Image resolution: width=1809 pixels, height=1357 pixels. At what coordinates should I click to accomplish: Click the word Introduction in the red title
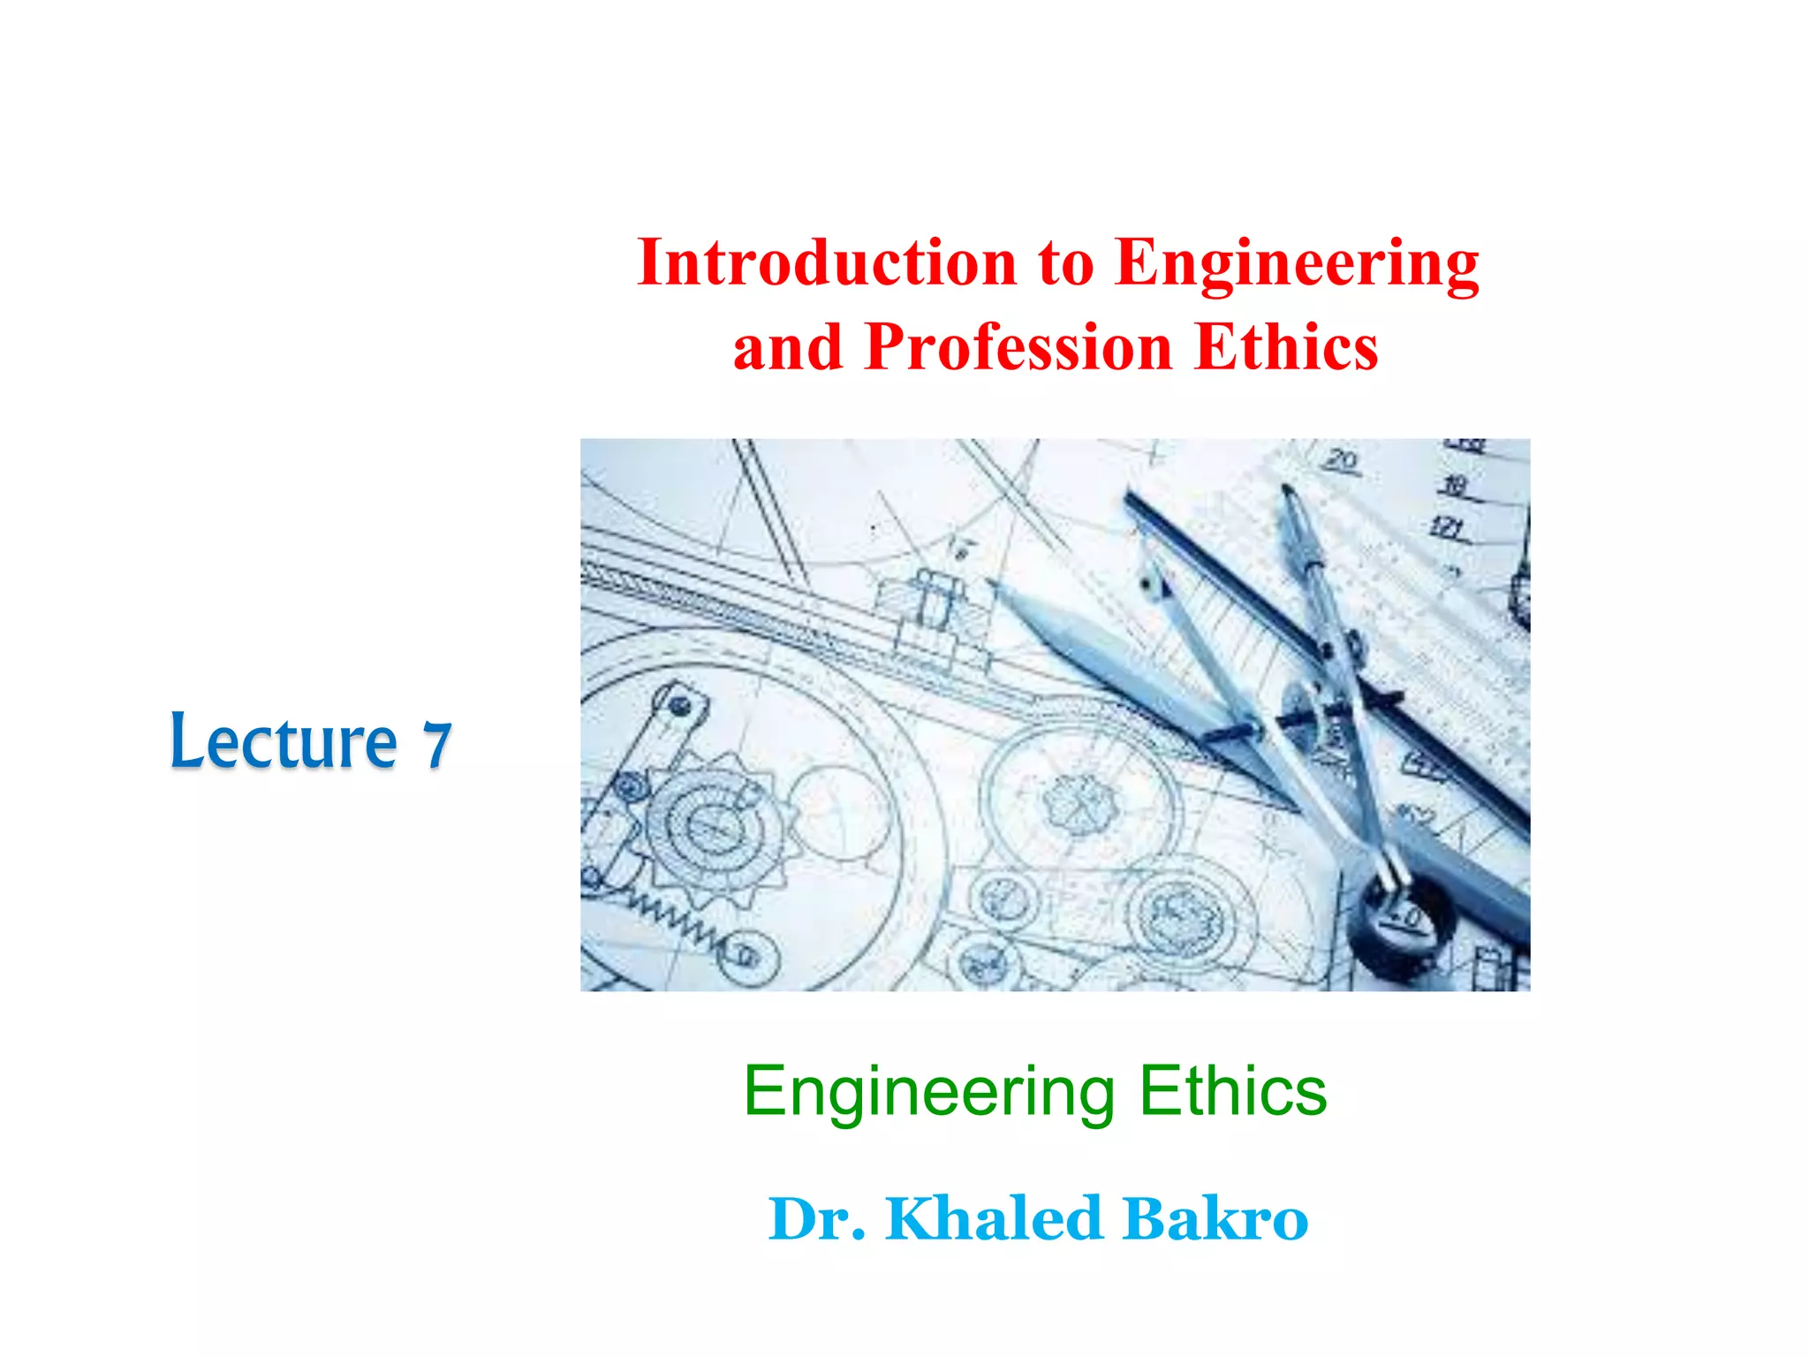[826, 263]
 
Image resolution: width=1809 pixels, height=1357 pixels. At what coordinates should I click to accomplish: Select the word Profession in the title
[1018, 347]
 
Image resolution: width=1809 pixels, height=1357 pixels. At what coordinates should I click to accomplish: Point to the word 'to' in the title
[1066, 263]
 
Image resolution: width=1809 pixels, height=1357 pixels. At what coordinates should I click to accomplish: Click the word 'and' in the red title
[787, 347]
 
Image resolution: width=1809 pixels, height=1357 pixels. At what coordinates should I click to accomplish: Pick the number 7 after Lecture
[437, 745]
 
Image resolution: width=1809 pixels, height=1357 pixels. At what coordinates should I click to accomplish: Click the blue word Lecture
[284, 741]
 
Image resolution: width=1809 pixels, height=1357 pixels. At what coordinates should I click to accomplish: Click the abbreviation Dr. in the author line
[817, 1219]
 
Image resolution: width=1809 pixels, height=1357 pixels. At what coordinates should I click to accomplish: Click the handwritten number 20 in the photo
[1341, 460]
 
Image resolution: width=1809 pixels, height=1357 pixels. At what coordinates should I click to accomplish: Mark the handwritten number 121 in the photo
[1446, 528]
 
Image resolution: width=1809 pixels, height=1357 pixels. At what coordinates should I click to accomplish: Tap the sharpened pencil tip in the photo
[995, 585]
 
